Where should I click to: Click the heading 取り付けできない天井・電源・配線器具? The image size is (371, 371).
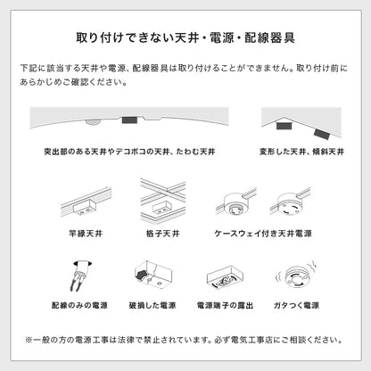pyautogui.click(x=185, y=38)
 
